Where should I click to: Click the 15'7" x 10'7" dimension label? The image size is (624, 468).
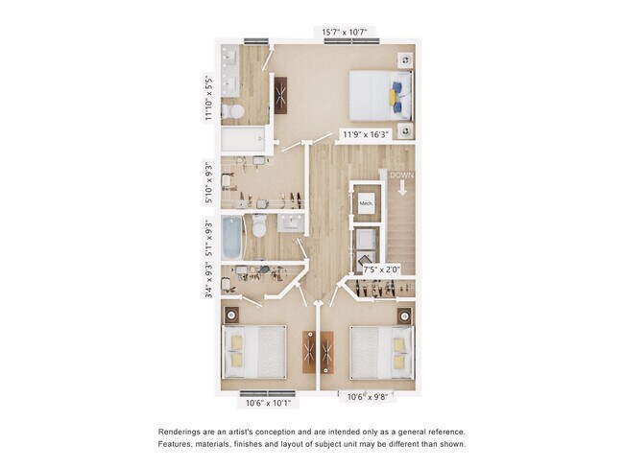click(343, 34)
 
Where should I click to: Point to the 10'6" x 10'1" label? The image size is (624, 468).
click(268, 403)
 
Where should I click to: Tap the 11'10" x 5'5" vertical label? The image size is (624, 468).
click(207, 98)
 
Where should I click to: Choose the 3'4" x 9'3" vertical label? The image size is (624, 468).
click(208, 278)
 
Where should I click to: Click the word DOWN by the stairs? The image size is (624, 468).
click(401, 175)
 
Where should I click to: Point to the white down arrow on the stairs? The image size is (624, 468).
click(401, 189)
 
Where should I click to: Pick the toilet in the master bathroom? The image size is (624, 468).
click(233, 112)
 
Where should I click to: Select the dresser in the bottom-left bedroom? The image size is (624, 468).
click(311, 352)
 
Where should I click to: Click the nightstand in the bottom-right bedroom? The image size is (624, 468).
click(404, 315)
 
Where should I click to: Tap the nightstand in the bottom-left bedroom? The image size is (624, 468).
click(231, 314)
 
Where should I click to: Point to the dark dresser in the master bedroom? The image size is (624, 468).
click(281, 93)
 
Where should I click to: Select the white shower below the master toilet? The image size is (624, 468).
click(244, 142)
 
